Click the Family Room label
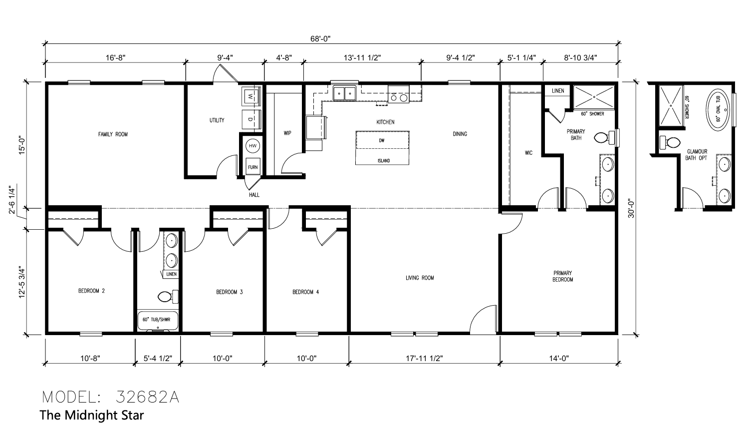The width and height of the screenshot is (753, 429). tap(113, 134)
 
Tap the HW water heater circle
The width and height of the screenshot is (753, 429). tap(253, 146)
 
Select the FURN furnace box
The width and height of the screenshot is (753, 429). tap(253, 166)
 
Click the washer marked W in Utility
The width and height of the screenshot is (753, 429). tap(251, 96)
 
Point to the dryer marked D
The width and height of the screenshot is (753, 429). tap(251, 119)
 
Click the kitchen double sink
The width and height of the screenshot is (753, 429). tap(345, 93)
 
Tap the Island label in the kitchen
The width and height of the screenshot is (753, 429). tap(384, 161)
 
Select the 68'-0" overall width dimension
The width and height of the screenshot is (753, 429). tap(320, 38)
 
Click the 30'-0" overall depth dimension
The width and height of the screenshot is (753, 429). tap(631, 209)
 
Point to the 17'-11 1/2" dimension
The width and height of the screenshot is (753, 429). tap(424, 359)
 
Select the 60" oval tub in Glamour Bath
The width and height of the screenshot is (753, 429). tap(718, 109)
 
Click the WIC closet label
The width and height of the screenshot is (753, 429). tap(528, 153)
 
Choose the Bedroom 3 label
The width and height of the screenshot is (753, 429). tap(229, 292)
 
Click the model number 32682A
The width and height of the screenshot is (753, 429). tap(148, 398)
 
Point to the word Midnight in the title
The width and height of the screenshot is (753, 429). tap(87, 415)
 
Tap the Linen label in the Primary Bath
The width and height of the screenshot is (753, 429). tap(558, 91)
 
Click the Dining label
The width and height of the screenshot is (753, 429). tap(460, 134)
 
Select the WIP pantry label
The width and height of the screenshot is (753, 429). tap(287, 133)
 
